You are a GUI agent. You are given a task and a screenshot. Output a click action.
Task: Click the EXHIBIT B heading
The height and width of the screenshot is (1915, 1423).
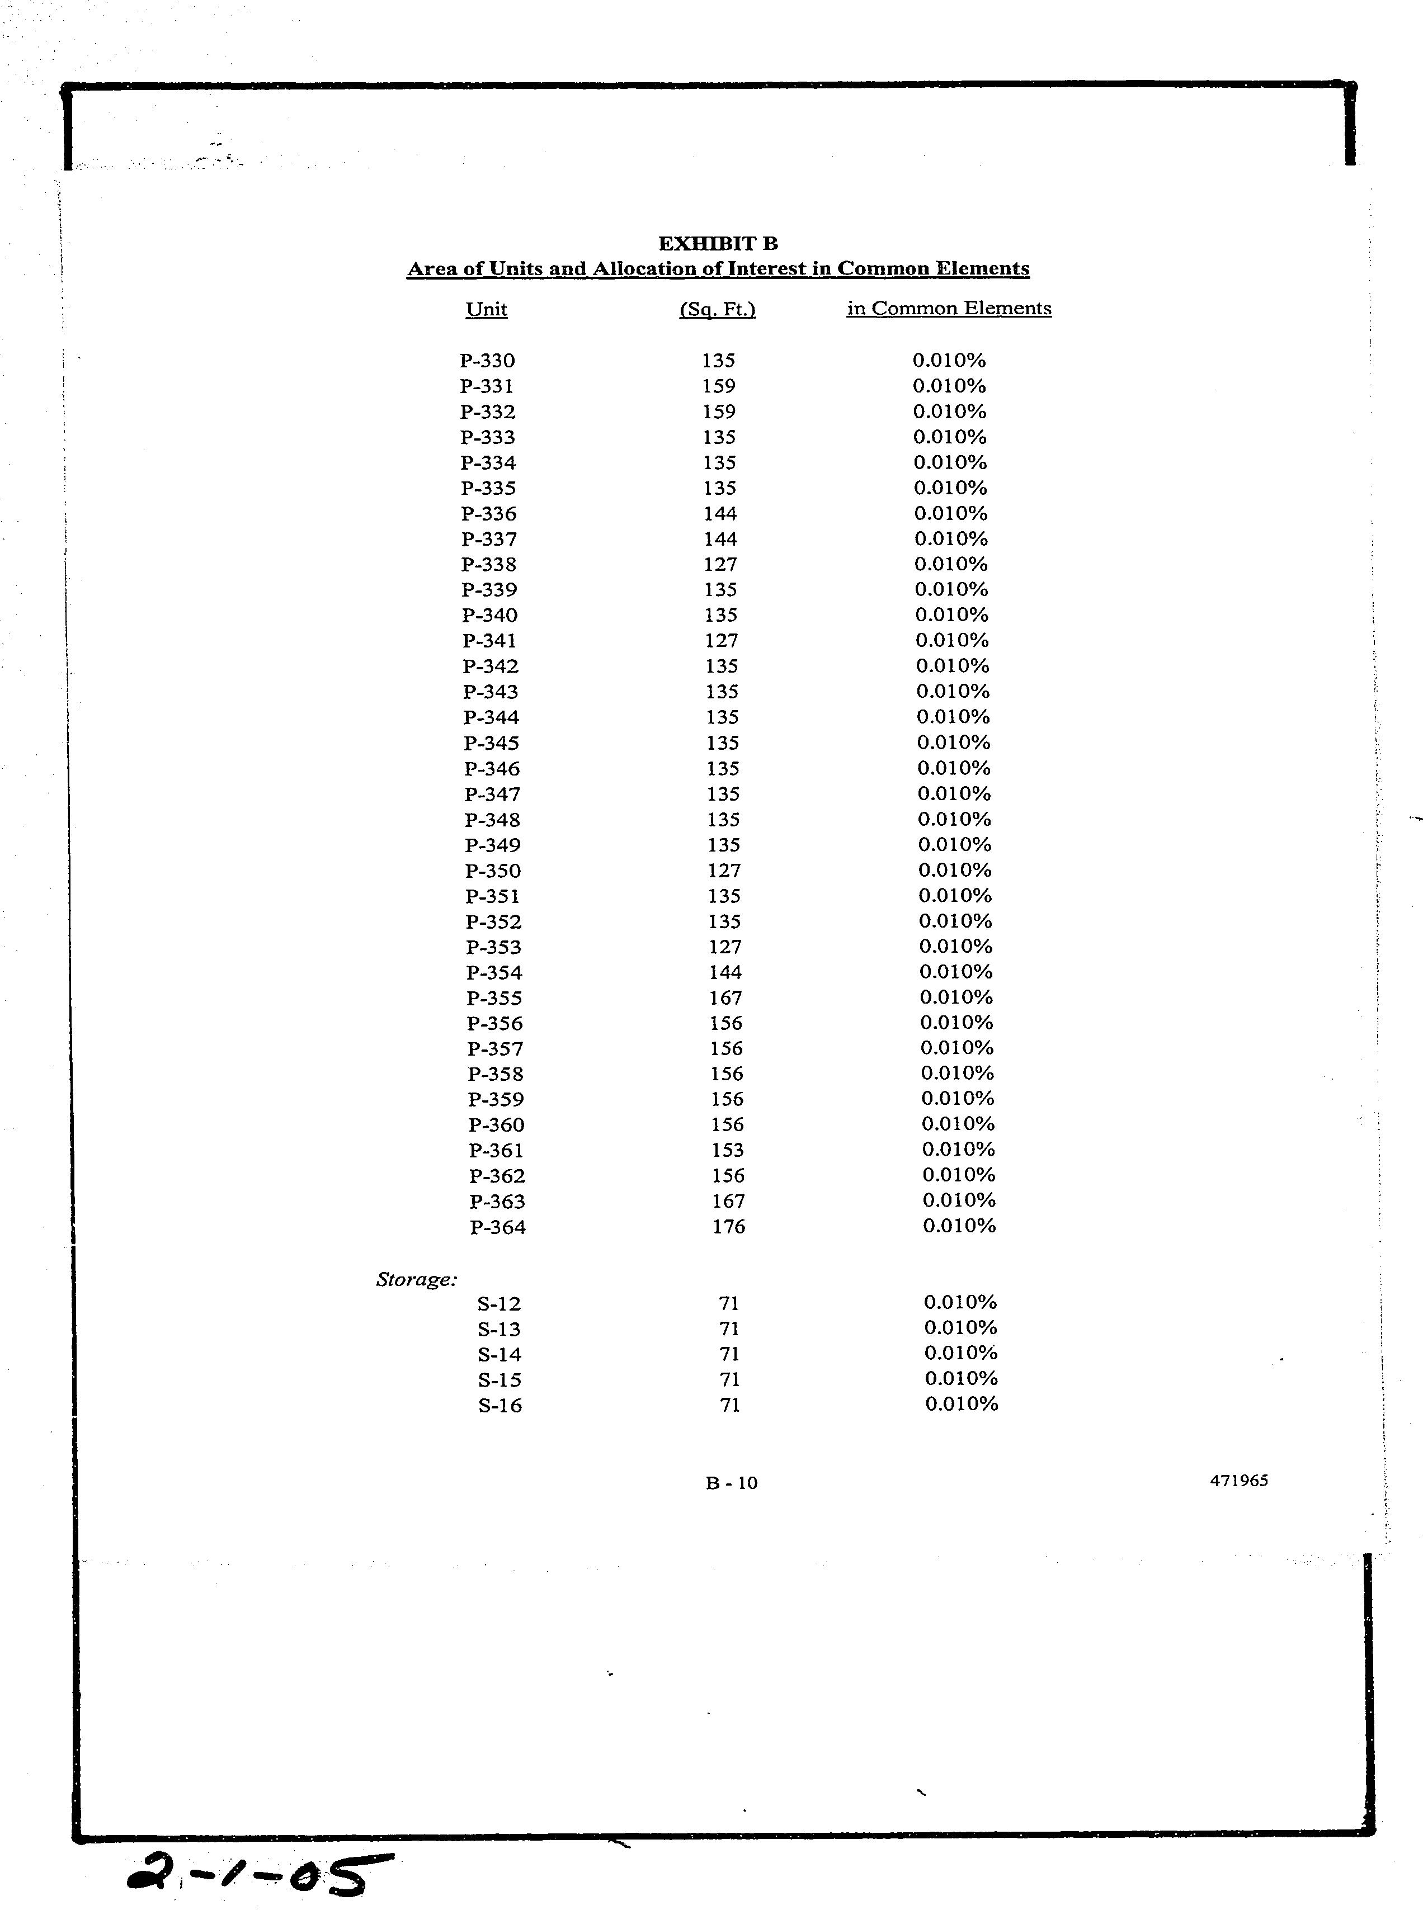point(718,244)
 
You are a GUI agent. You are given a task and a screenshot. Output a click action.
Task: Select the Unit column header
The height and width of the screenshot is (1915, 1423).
point(486,309)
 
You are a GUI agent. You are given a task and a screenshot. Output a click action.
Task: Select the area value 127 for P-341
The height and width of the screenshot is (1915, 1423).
point(721,641)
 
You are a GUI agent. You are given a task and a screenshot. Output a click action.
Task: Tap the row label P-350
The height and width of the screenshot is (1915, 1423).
point(493,871)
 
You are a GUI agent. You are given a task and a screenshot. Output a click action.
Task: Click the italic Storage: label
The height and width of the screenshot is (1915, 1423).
point(417,1279)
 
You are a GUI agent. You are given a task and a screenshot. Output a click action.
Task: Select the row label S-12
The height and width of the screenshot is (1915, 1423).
point(499,1304)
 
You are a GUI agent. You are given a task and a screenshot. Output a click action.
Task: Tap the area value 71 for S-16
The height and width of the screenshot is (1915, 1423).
point(729,1405)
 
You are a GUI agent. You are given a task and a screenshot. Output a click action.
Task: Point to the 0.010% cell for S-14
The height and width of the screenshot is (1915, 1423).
point(960,1354)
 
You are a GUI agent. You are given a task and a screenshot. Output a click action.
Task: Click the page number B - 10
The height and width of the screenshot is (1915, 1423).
point(731,1483)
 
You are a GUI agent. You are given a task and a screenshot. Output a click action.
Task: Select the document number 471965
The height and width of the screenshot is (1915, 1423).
point(1238,1481)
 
